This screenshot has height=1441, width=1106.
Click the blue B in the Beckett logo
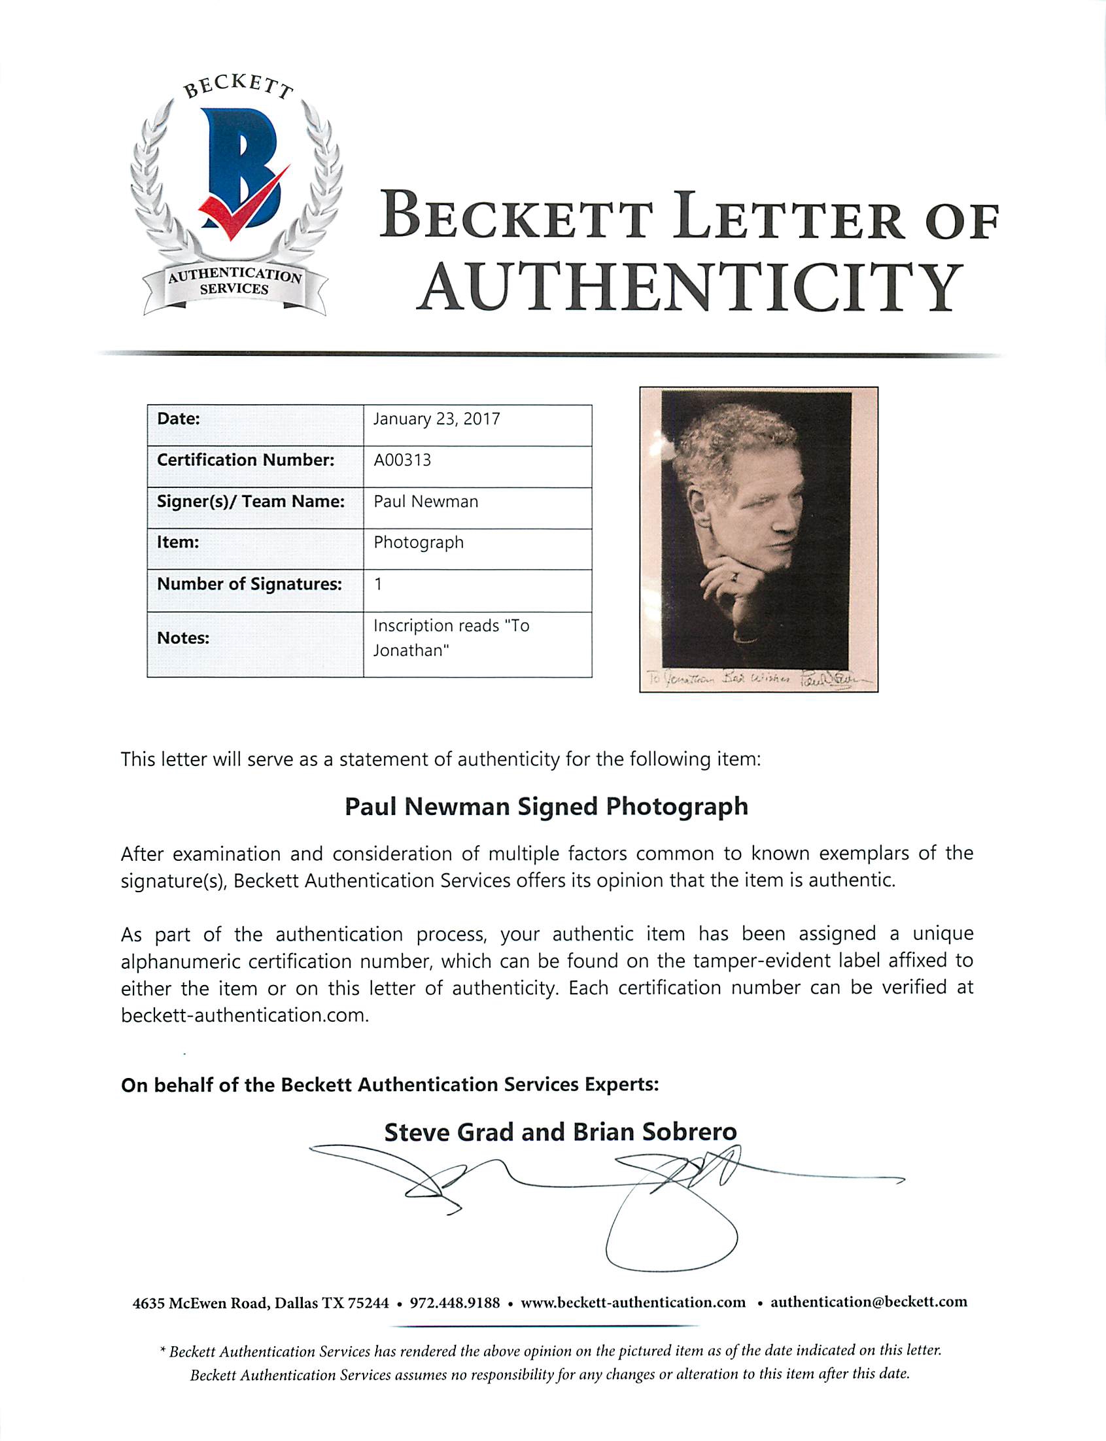click(241, 168)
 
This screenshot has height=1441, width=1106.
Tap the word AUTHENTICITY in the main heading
click(690, 288)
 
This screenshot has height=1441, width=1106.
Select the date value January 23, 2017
click(436, 419)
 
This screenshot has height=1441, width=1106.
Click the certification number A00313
click(402, 460)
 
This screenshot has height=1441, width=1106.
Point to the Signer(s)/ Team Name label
click(251, 502)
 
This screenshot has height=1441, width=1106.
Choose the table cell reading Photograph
click(419, 542)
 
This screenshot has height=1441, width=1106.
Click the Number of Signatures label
click(249, 584)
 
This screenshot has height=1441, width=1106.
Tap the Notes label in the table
click(183, 638)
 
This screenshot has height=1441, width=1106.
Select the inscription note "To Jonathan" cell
click(451, 638)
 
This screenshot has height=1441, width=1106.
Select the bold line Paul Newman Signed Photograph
click(546, 807)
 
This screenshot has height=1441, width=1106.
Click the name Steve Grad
click(449, 1132)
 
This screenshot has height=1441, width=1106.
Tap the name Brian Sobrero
click(655, 1132)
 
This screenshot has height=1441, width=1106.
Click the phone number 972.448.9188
click(455, 1302)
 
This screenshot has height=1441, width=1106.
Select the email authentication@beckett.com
click(869, 1302)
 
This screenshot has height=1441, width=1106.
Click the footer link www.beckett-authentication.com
click(632, 1302)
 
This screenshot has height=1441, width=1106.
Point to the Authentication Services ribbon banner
click(234, 283)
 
